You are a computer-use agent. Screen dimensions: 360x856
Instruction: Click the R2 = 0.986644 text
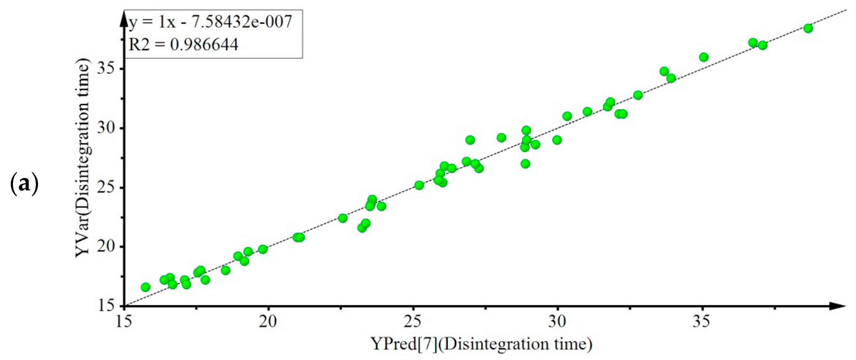pyautogui.click(x=183, y=44)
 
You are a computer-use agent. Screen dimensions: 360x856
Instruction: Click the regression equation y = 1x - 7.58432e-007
pyautogui.click(x=210, y=22)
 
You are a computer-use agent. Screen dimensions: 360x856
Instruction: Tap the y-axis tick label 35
pyautogui.click(x=106, y=69)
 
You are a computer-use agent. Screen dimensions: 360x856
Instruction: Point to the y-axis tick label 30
pyautogui.click(x=106, y=128)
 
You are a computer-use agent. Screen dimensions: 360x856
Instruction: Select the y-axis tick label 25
pyautogui.click(x=106, y=188)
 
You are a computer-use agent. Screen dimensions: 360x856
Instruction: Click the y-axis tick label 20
pyautogui.click(x=106, y=247)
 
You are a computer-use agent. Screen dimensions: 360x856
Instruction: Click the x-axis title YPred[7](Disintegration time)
pyautogui.click(x=482, y=344)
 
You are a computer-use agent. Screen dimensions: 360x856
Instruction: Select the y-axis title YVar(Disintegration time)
pyautogui.click(x=82, y=158)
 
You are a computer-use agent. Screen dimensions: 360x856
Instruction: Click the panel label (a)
pyautogui.click(x=24, y=184)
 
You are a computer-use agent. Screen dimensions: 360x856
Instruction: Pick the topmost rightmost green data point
pyautogui.click(x=808, y=28)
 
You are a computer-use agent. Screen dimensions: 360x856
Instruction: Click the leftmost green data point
pyautogui.click(x=145, y=287)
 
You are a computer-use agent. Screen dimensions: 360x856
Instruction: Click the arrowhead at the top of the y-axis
pyautogui.click(x=124, y=18)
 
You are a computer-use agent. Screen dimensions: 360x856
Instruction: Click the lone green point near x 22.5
pyautogui.click(x=343, y=218)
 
